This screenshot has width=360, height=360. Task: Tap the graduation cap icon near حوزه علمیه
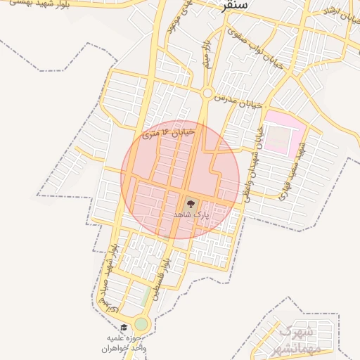tap(124, 328)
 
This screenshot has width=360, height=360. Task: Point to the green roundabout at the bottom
tap(142, 324)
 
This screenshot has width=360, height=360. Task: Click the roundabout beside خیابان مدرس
tap(207, 93)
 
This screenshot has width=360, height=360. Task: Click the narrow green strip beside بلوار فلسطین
tap(146, 296)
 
